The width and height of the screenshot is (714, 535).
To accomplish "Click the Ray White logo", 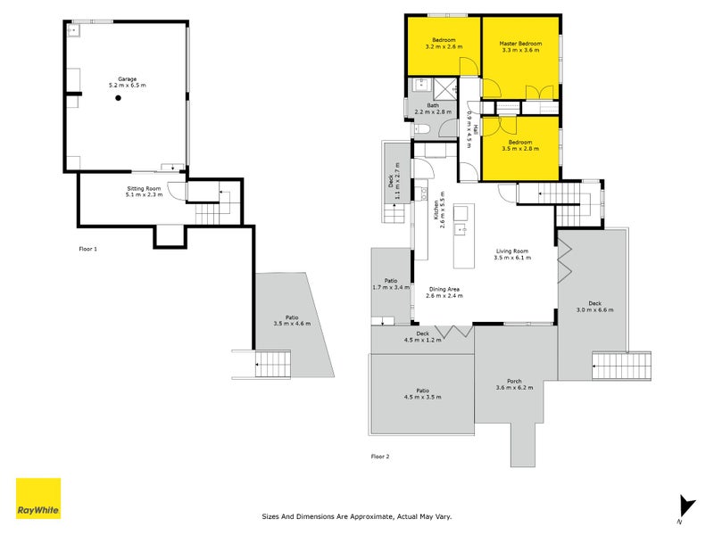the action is tap(38, 498).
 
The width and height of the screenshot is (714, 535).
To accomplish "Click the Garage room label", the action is tap(127, 79).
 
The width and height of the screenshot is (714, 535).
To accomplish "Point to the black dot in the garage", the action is tap(118, 98).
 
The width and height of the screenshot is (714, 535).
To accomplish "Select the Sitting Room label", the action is tap(144, 188).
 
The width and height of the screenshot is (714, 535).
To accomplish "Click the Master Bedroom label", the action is tap(520, 44).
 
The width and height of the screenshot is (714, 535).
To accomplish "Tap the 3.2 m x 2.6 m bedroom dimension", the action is tap(444, 46).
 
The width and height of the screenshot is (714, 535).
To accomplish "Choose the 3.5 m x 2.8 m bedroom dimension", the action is tap(520, 149).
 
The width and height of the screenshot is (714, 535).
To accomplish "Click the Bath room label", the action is tap(433, 105).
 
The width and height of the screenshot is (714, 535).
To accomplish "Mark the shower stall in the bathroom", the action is tap(444, 88).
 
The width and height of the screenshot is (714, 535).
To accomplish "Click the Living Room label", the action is tap(512, 251).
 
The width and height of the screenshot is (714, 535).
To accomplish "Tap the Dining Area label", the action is tap(444, 289).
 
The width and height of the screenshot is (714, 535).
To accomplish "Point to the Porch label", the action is tap(514, 382).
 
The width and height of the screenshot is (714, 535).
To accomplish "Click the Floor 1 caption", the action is tap(87, 250).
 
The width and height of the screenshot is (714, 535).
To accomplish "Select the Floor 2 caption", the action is tap(380, 457).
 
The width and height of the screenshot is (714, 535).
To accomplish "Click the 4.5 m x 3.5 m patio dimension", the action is tap(422, 397).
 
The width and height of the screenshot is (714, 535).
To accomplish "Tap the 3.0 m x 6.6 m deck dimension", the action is tap(594, 309).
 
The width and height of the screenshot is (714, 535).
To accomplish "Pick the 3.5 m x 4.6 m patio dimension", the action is tap(292, 324).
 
